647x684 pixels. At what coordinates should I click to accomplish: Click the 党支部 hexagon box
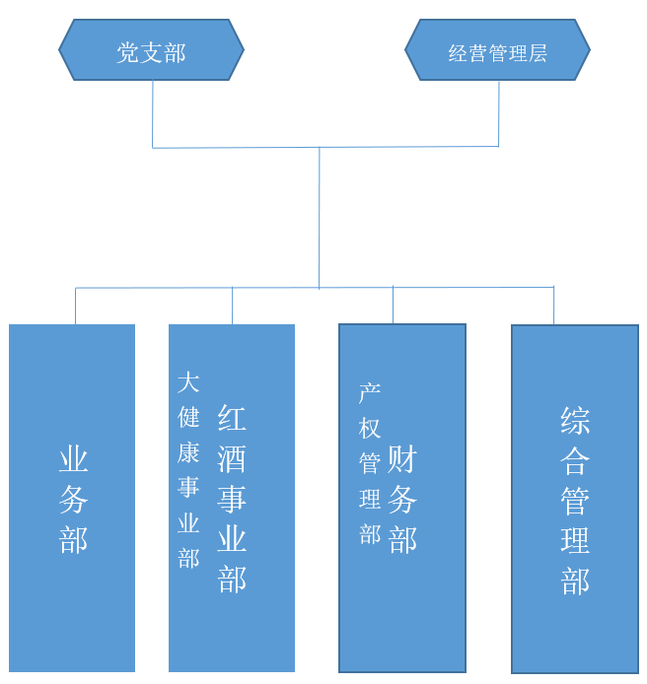pyautogui.click(x=151, y=50)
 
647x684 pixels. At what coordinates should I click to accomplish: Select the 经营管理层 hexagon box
pyautogui.click(x=497, y=51)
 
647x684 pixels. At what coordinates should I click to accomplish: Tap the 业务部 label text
pyautogui.click(x=74, y=499)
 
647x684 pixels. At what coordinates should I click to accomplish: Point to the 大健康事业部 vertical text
pyautogui.click(x=188, y=470)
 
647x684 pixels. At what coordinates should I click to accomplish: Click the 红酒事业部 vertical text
pyautogui.click(x=232, y=498)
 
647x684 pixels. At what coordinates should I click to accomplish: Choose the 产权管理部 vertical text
pyautogui.click(x=370, y=463)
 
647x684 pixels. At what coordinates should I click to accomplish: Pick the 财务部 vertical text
pyautogui.click(x=402, y=499)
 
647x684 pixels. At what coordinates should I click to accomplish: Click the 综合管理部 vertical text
pyautogui.click(x=575, y=501)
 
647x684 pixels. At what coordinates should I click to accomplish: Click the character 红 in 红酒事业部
pyautogui.click(x=232, y=418)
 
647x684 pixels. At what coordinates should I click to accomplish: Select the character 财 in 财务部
pyautogui.click(x=402, y=459)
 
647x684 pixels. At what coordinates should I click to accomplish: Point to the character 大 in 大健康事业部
pyautogui.click(x=188, y=382)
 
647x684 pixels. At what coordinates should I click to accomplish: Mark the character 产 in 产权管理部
pyautogui.click(x=370, y=393)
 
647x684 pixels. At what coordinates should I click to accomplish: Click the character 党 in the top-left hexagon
pyautogui.click(x=128, y=51)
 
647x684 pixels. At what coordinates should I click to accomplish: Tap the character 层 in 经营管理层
pyautogui.click(x=538, y=53)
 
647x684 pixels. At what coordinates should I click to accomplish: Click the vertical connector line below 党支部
pyautogui.click(x=153, y=113)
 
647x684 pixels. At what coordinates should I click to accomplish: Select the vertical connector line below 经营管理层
pyautogui.click(x=499, y=113)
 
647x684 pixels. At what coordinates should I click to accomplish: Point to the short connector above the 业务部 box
pyautogui.click(x=76, y=306)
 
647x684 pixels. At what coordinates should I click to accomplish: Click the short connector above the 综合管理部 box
pyautogui.click(x=553, y=306)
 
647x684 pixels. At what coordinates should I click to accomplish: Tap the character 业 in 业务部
pyautogui.click(x=74, y=460)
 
